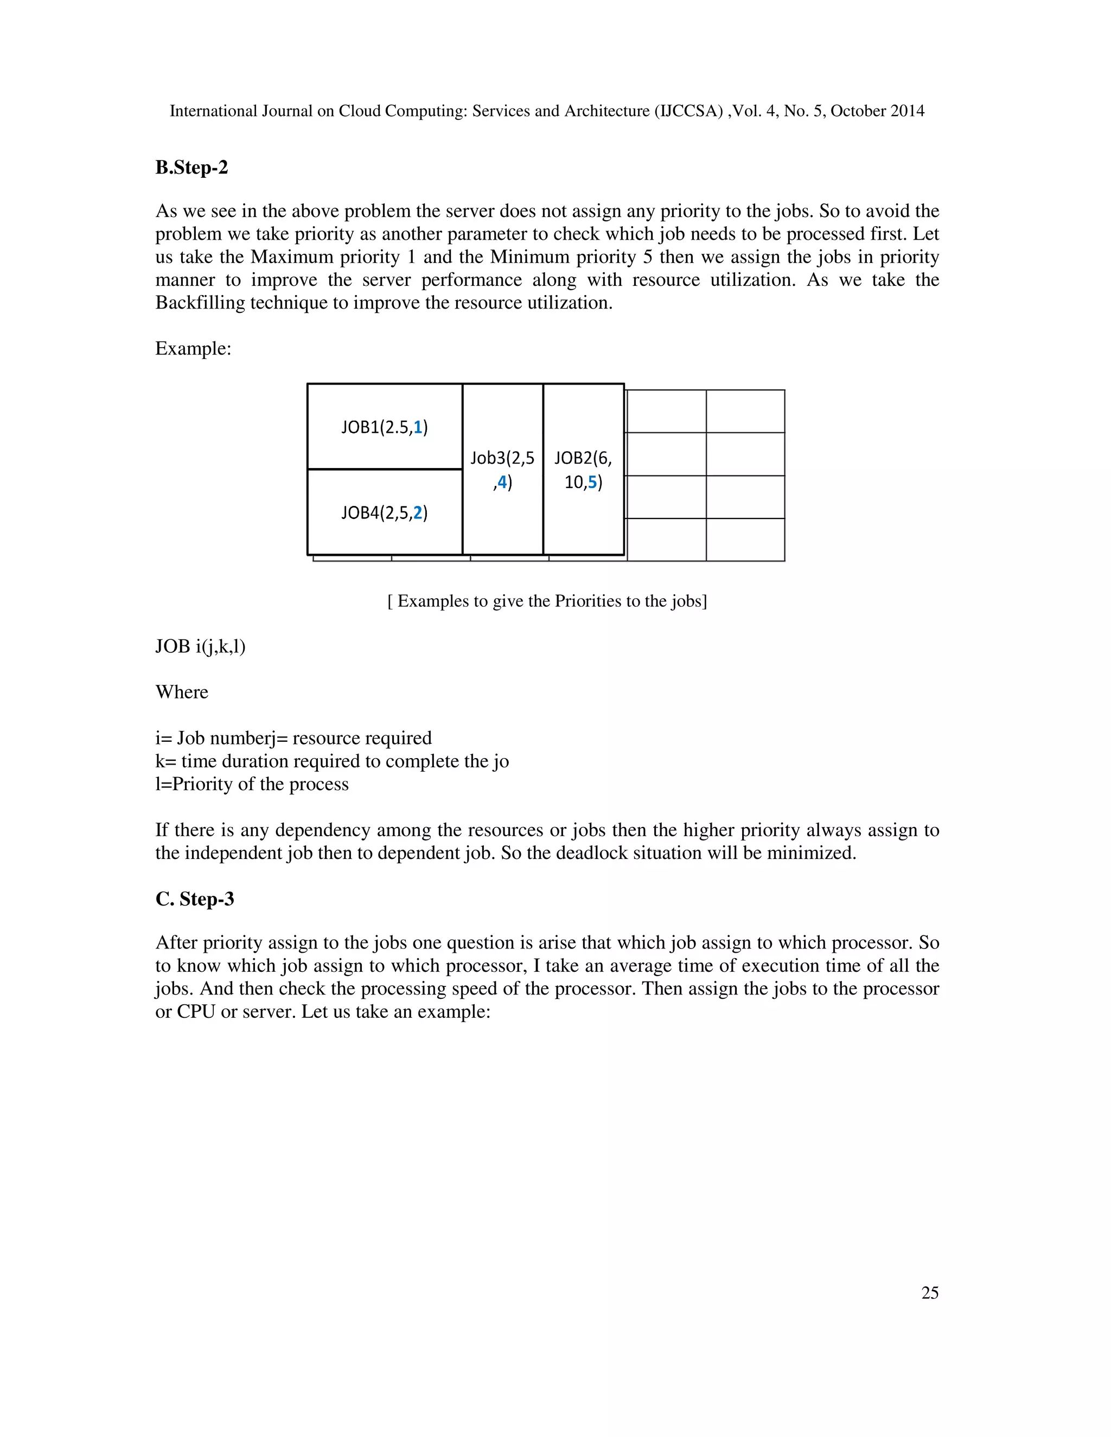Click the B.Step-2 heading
click(x=191, y=168)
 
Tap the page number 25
click(x=929, y=1293)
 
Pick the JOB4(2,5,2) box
click(x=385, y=512)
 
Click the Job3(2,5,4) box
click(x=502, y=470)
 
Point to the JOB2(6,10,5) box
click(x=583, y=470)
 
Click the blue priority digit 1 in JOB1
click(x=418, y=428)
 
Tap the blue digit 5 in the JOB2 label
click(x=592, y=482)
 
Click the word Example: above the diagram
click(x=193, y=349)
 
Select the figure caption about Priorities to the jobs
click(x=547, y=601)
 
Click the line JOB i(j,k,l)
click(x=200, y=647)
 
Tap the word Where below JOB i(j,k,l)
click(x=182, y=692)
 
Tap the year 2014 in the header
click(x=907, y=111)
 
